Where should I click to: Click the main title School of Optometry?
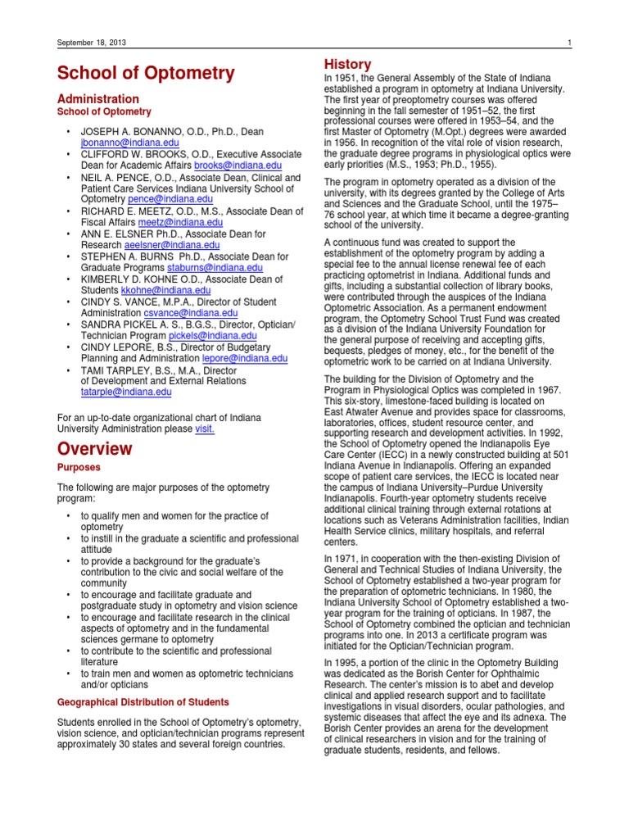point(146,73)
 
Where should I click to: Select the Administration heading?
point(97,98)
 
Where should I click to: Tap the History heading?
point(348,64)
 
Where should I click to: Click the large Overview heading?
point(94,448)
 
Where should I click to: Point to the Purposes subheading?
point(79,467)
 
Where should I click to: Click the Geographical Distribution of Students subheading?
point(143,702)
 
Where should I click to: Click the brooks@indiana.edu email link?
point(243,165)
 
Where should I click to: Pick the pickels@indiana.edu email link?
point(212,336)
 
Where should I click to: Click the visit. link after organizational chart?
point(205,429)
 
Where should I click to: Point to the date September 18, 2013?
point(90,43)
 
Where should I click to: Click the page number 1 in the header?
point(568,43)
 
